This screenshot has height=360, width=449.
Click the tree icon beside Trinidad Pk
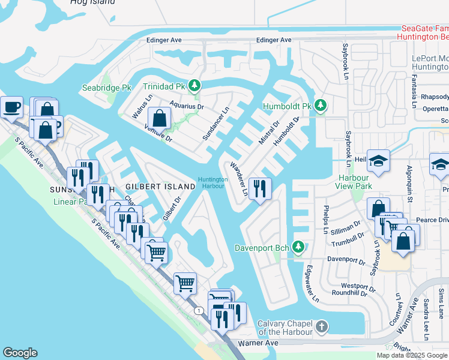[194, 86]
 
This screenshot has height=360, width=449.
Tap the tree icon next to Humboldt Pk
[321, 106]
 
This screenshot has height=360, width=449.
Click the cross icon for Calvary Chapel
[322, 327]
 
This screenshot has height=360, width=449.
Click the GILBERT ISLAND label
[160, 187]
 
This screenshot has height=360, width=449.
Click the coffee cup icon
[11, 107]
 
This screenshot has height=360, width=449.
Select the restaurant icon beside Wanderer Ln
[260, 189]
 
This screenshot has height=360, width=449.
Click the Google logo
[20, 353]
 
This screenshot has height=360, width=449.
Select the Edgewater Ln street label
[313, 284]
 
